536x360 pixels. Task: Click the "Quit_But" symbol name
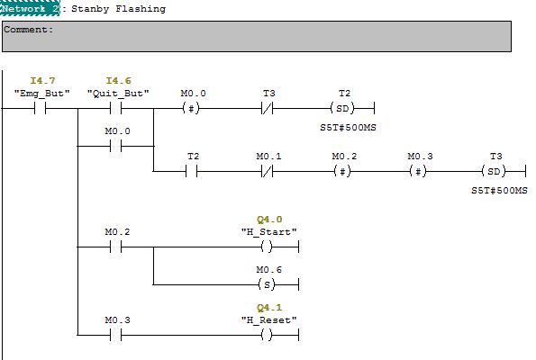[x=118, y=93]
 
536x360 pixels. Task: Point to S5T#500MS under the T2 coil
[x=348, y=129]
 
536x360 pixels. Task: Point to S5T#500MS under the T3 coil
[x=499, y=191]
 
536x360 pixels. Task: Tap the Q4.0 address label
[x=268, y=219]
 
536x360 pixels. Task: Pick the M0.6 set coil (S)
[x=268, y=285]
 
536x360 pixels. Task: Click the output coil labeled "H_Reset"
[x=268, y=336]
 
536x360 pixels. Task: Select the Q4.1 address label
[x=268, y=307]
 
